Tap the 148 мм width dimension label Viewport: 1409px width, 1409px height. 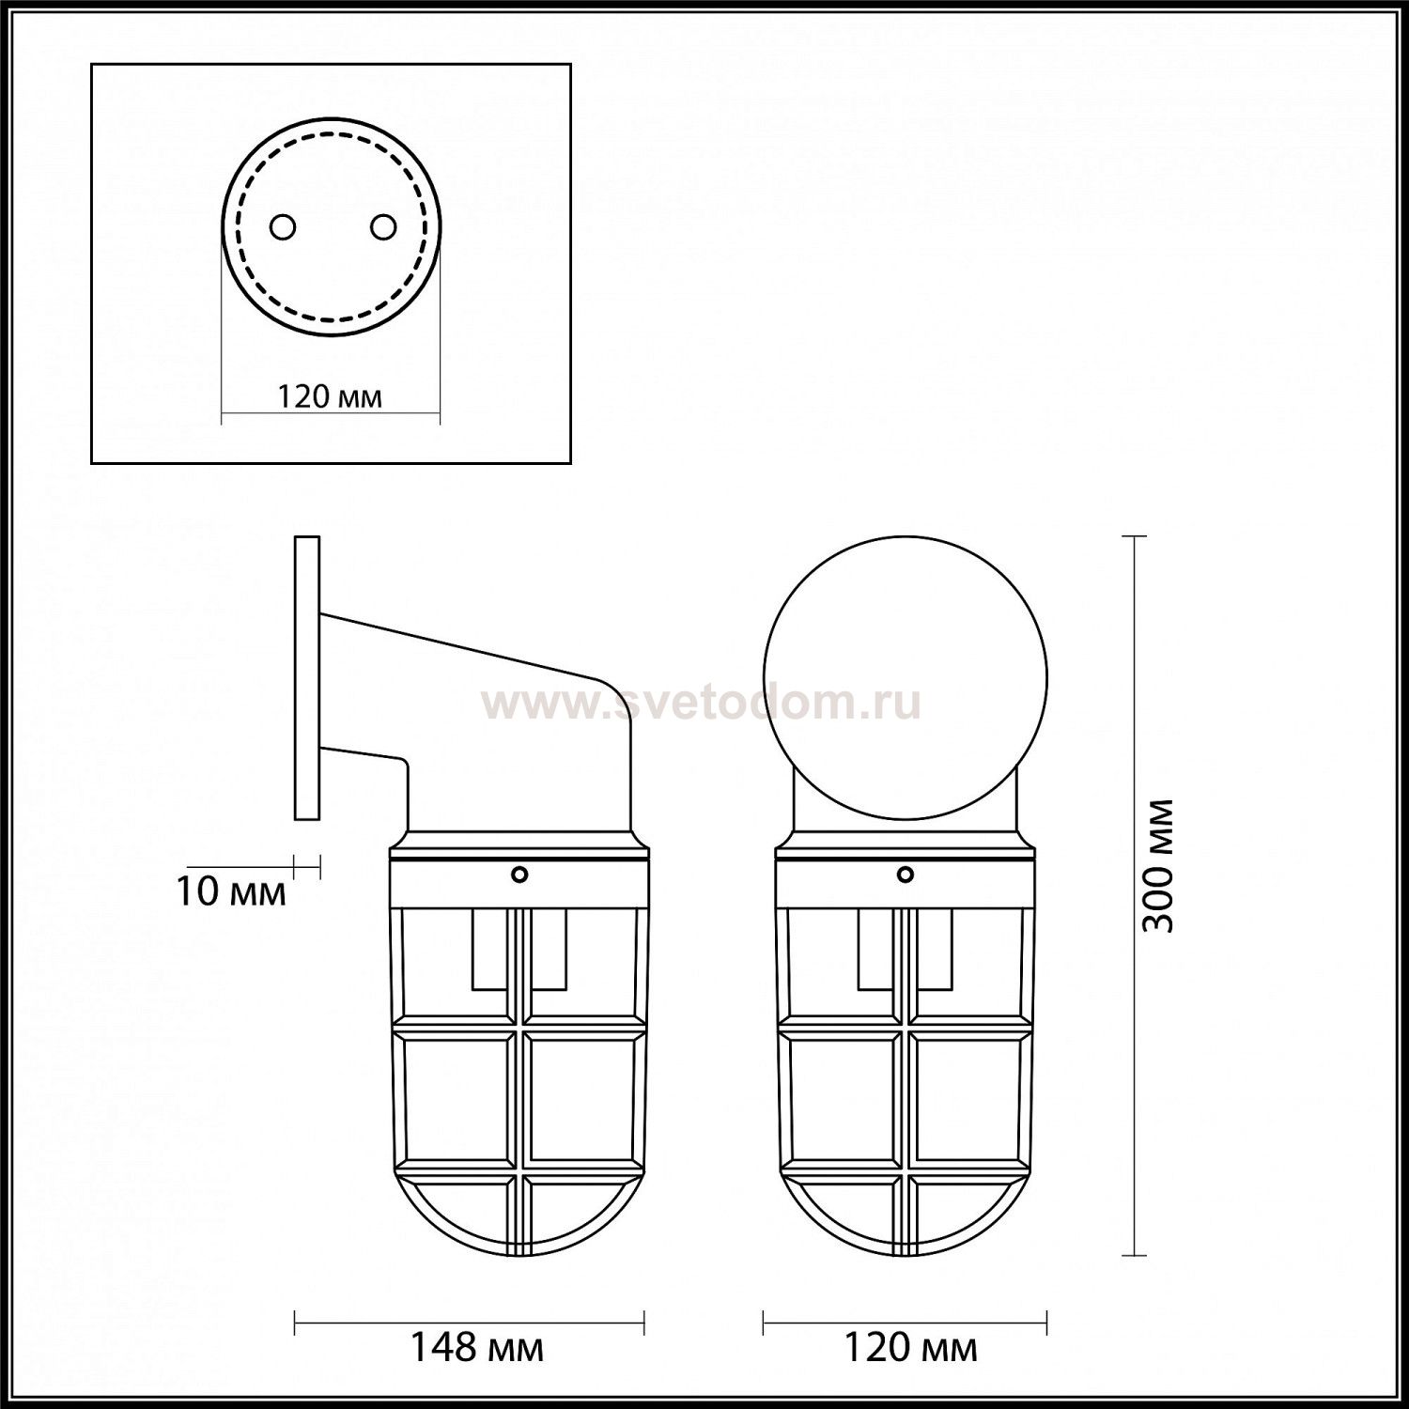(476, 1348)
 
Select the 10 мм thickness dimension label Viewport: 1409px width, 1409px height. (231, 891)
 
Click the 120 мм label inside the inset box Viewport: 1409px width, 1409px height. (330, 396)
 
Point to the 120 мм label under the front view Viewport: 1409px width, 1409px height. (910, 1348)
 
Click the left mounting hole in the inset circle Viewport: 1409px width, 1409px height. (283, 226)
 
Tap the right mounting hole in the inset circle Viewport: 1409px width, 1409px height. (382, 226)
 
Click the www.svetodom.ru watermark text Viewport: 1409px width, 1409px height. (701, 703)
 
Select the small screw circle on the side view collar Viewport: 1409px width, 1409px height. (519, 875)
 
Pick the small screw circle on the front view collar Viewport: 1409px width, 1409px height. (906, 875)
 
